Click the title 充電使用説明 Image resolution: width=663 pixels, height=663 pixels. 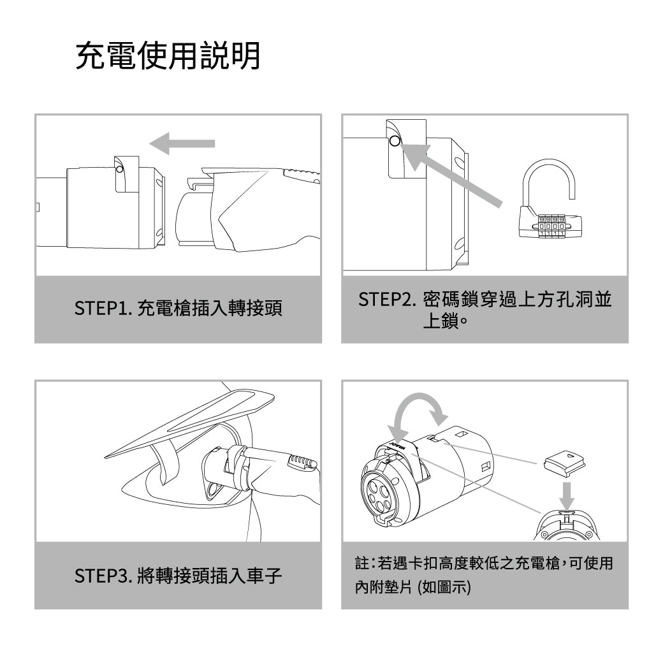click(168, 56)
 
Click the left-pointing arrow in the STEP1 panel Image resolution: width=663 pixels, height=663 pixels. click(182, 143)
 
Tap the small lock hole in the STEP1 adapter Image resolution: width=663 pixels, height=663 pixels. click(119, 168)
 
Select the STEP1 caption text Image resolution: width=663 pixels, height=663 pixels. click(178, 309)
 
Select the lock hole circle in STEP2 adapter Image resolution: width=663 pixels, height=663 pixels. click(395, 141)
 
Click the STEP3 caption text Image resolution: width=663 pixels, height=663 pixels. click(178, 576)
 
